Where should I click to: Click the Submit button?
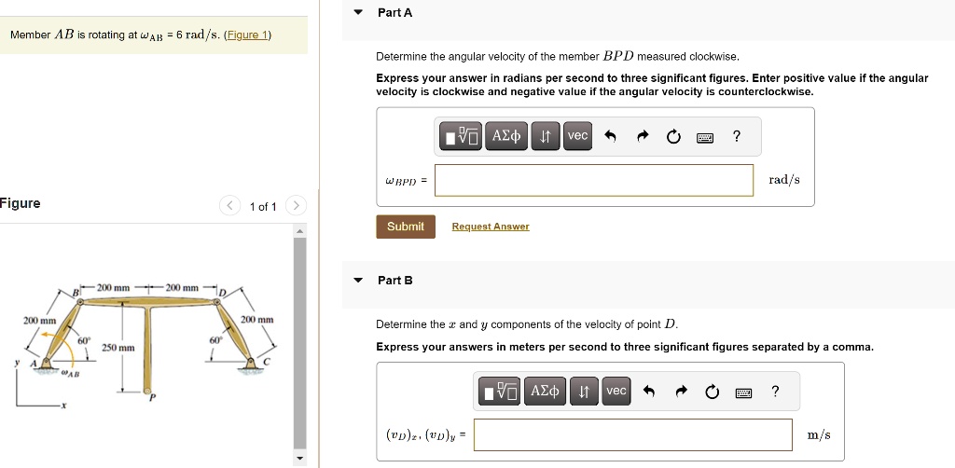(405, 227)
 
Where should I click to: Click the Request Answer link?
(490, 227)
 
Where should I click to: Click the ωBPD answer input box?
(593, 180)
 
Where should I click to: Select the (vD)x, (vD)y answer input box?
(635, 434)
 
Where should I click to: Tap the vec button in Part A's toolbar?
(578, 136)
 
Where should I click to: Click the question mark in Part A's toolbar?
(737, 136)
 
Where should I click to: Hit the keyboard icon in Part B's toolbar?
(744, 392)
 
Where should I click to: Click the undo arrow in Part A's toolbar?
(610, 136)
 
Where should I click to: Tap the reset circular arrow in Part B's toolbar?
(713, 392)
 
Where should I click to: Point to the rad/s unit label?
(783, 180)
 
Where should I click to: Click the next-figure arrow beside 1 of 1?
(295, 206)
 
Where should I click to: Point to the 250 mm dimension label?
(118, 348)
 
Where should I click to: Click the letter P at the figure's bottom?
(154, 397)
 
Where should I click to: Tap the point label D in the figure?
(222, 294)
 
